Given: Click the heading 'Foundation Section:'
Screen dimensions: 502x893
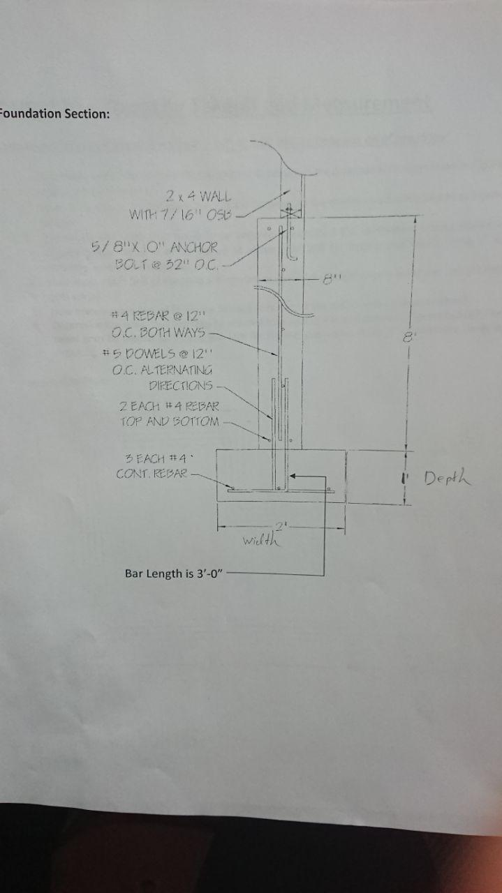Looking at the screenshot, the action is pyautogui.click(x=54, y=114).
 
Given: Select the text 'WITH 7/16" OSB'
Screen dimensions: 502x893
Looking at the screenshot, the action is pyautogui.click(x=183, y=213).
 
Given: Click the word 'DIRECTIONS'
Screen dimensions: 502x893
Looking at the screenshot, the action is pyautogui.click(x=180, y=385).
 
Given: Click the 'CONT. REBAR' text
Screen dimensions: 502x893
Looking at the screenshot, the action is pyautogui.click(x=152, y=474).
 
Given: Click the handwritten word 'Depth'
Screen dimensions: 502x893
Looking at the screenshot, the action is pyautogui.click(x=448, y=478).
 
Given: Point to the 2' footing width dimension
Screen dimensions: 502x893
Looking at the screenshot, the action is pyautogui.click(x=281, y=525).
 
